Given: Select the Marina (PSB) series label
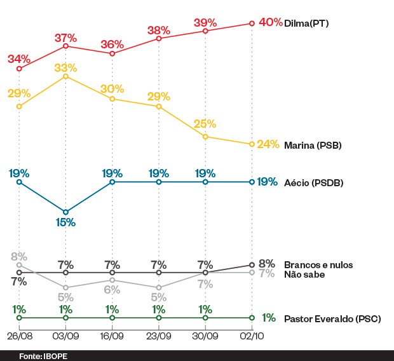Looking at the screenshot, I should [313, 145].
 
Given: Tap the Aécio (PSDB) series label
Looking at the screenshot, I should [314, 182].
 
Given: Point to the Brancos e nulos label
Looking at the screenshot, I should [318, 264].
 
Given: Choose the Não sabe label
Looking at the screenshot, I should [304, 275].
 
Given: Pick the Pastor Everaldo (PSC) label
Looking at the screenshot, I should [332, 318].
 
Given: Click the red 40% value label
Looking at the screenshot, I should [270, 22].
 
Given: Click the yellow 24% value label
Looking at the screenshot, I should [268, 144].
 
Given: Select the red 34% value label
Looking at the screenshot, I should [19, 59].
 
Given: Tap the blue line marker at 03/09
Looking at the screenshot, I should [65, 212].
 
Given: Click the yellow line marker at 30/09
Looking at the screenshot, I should [205, 137].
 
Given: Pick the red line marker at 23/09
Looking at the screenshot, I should [159, 39].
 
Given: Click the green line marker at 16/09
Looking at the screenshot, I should [112, 318].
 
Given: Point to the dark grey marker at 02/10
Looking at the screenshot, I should [252, 264].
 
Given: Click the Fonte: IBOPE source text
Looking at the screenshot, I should [43, 356].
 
